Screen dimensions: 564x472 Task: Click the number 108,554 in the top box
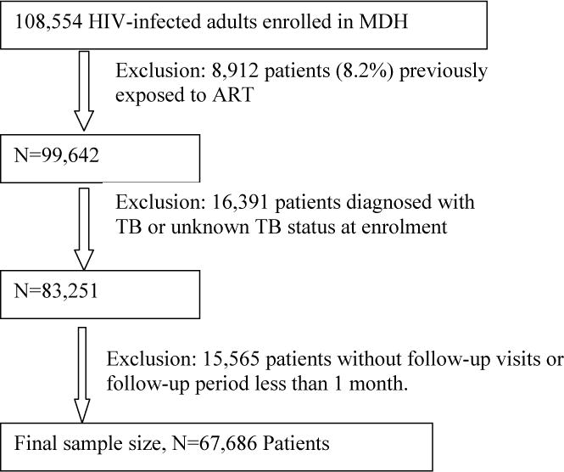tap(49, 22)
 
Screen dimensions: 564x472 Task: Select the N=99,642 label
tap(57, 156)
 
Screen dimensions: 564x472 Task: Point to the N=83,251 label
tap(56, 291)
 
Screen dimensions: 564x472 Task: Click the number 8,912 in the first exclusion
tap(235, 71)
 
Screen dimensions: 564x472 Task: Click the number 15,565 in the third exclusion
tap(232, 359)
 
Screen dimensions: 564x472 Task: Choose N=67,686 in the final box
tap(215, 443)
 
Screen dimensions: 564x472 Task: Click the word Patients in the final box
tap(296, 443)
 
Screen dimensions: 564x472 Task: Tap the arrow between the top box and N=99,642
tap(84, 90)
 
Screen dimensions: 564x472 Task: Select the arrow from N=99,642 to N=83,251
tap(84, 228)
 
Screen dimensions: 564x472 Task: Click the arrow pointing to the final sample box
tap(82, 374)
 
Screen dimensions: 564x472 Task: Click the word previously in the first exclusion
tap(444, 72)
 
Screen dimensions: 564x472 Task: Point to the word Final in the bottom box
tap(36, 443)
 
